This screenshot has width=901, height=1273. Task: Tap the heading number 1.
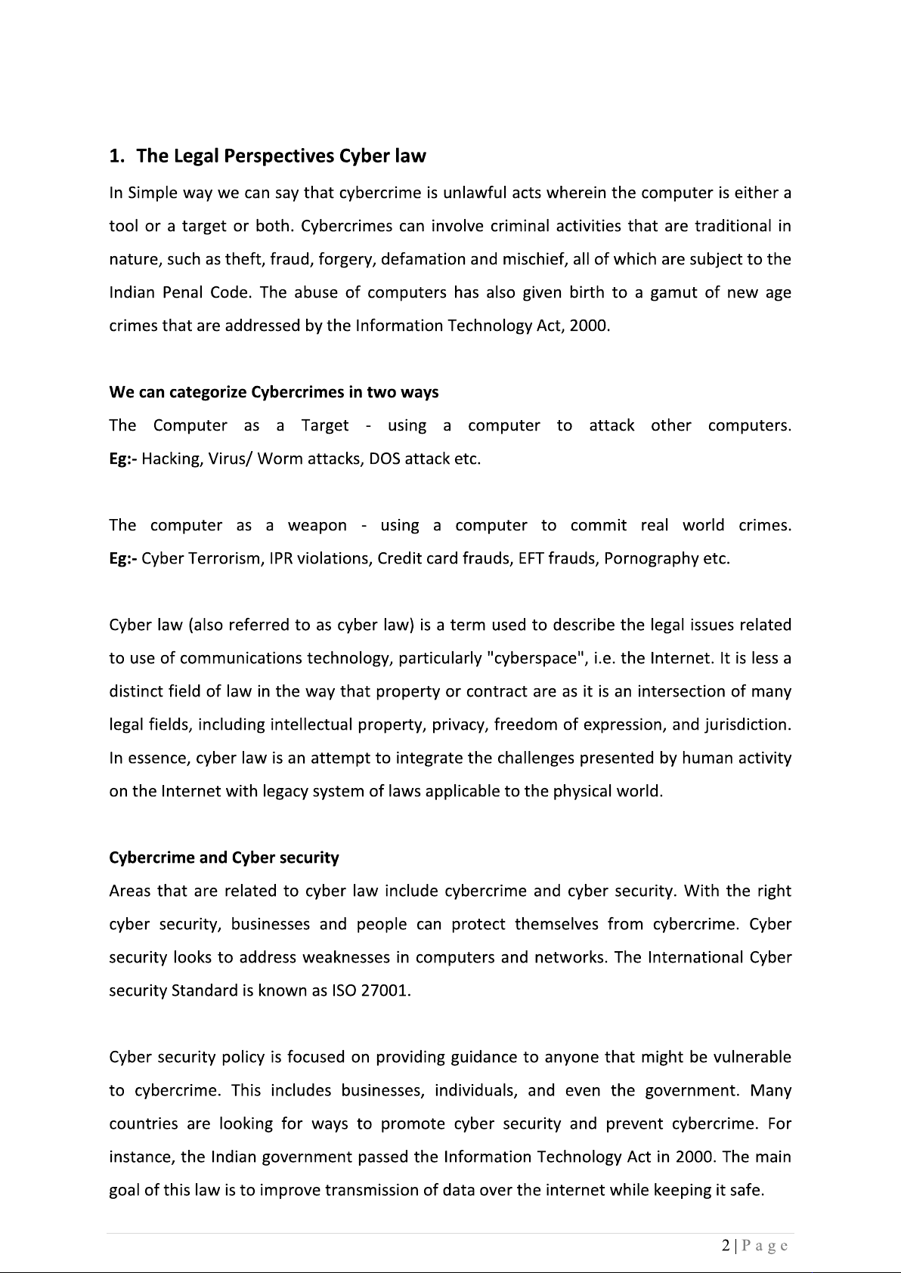click(116, 156)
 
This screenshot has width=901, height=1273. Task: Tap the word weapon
click(317, 525)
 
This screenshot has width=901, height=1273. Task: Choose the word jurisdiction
click(747, 725)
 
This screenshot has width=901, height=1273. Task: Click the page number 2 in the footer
click(726, 1246)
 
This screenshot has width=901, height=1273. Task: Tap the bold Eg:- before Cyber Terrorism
click(123, 558)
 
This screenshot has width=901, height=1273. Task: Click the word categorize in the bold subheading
click(208, 392)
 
